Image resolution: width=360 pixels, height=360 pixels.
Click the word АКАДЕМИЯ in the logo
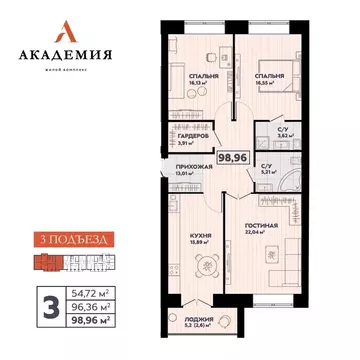coord(70,55)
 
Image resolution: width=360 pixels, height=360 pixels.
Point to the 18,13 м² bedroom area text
coord(184,83)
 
